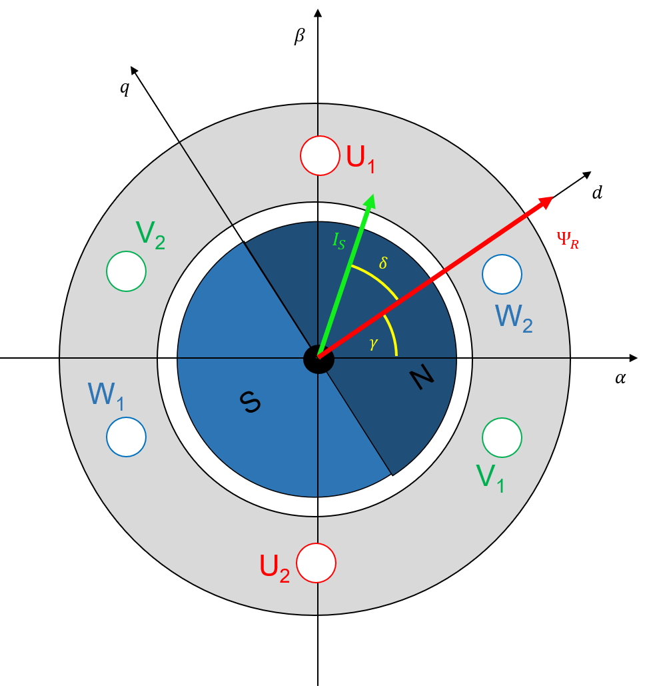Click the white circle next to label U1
click(x=320, y=155)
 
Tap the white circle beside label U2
click(x=316, y=563)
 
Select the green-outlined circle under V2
click(x=126, y=271)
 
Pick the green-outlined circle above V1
click(x=502, y=437)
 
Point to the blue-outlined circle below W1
click(x=126, y=437)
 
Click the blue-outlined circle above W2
click(x=502, y=274)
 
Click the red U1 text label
click(x=360, y=159)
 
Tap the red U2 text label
click(x=274, y=568)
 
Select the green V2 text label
click(x=150, y=235)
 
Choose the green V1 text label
click(x=490, y=478)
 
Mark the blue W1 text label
click(x=106, y=396)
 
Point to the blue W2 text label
click(x=513, y=318)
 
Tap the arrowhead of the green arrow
click(x=371, y=200)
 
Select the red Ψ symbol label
click(x=567, y=239)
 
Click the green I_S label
click(x=339, y=241)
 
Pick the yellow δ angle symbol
click(x=383, y=263)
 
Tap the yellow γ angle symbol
click(x=374, y=343)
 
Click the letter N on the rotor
click(x=421, y=378)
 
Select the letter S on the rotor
click(x=250, y=401)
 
